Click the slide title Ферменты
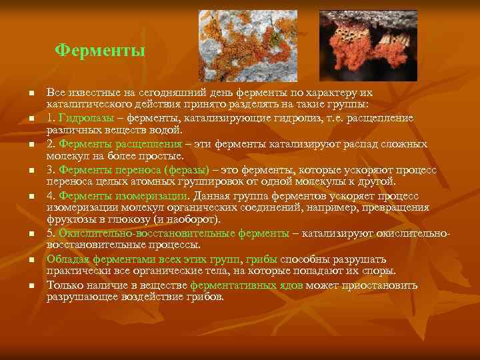click(99, 50)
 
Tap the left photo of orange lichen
click(248, 45)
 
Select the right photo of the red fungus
click(368, 45)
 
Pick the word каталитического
click(86, 105)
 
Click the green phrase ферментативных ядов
click(247, 285)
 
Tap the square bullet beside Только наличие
click(22, 285)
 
